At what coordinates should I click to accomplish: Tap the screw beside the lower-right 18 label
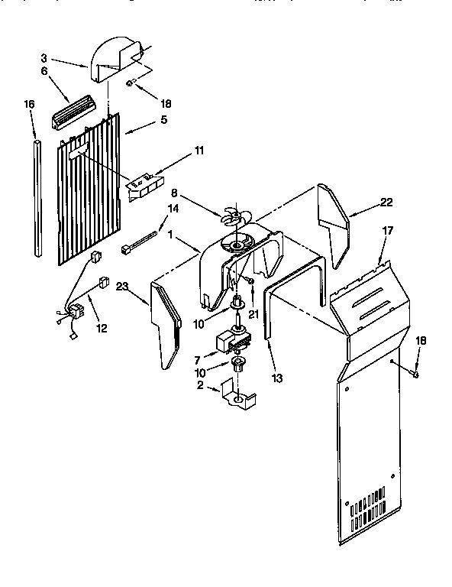[414, 374]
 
